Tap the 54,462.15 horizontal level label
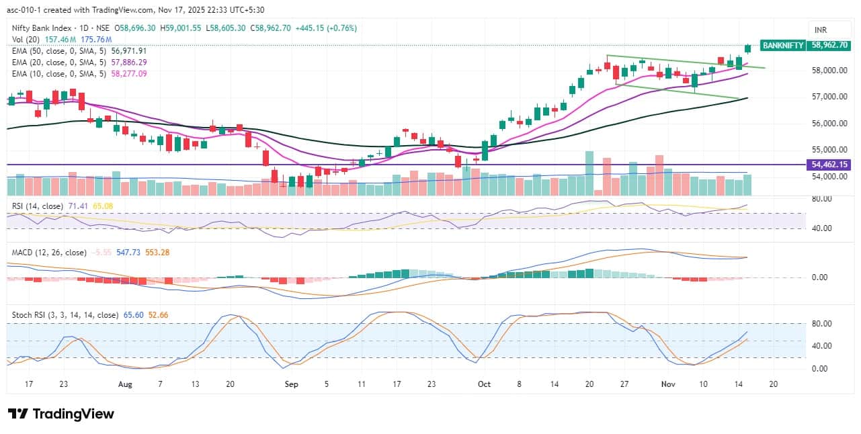pos(830,165)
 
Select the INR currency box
pos(821,30)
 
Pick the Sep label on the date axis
pos(291,384)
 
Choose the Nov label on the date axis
pos(667,384)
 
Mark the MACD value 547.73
pos(126,253)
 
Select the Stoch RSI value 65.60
pos(133,314)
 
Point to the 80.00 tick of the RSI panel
pos(821,200)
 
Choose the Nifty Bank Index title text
pos(42,28)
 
